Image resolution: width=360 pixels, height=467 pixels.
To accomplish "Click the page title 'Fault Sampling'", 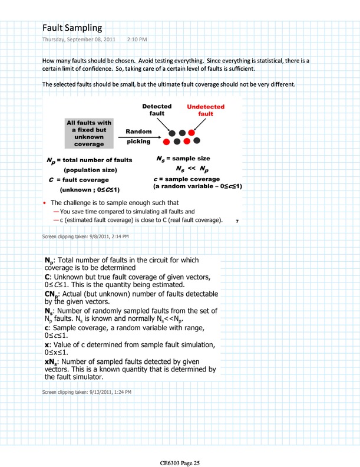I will tap(72, 28).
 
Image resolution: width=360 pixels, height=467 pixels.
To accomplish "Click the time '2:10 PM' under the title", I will tap(137, 40).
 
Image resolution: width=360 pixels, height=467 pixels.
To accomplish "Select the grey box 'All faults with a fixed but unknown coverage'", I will tap(88, 133).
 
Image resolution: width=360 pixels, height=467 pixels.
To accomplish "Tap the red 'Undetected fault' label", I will tap(205, 110).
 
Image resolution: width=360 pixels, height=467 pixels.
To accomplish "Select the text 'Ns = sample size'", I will tap(183, 159).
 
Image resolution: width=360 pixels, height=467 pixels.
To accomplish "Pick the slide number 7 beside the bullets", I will tap(236, 221).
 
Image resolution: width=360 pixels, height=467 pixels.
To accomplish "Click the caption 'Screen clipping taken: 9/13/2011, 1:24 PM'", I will tap(87, 392).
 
